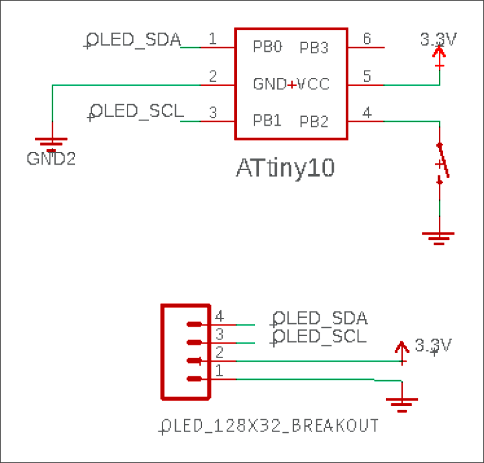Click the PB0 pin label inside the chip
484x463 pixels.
click(267, 48)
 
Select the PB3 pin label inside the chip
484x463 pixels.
click(313, 48)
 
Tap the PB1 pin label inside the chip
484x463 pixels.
click(267, 121)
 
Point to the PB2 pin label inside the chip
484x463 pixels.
click(313, 121)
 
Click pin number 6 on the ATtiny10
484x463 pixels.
click(367, 39)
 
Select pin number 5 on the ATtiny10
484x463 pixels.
click(367, 76)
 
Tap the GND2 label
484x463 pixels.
click(51, 159)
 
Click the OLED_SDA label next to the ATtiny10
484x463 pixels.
click(135, 40)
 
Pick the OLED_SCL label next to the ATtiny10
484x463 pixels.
click(136, 111)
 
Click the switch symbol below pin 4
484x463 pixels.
click(441, 163)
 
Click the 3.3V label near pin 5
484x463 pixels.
click(438, 40)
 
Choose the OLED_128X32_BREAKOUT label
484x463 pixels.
click(270, 425)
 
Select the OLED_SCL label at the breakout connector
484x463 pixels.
click(320, 336)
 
